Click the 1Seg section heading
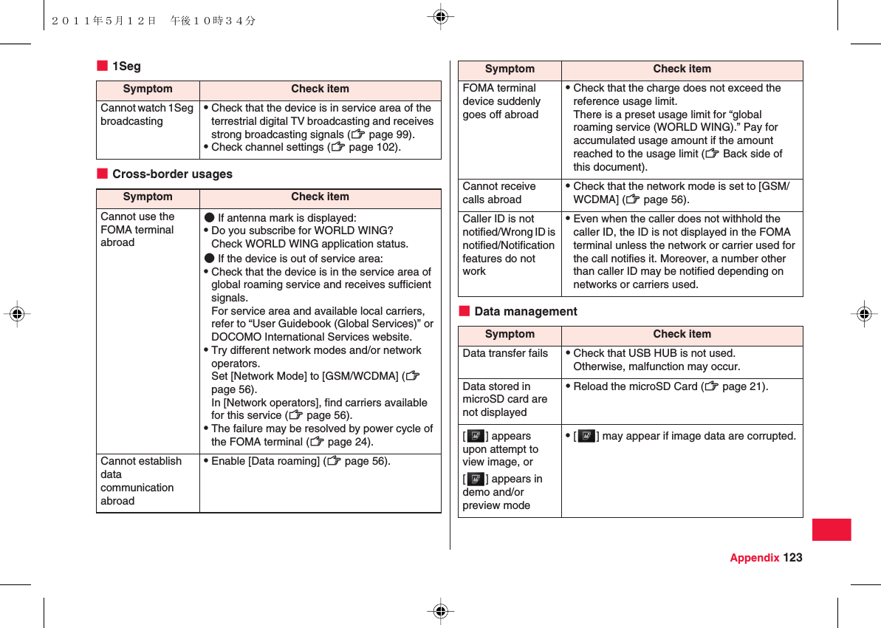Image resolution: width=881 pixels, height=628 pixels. pos(126,66)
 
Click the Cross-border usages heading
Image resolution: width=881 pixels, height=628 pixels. pos(171,174)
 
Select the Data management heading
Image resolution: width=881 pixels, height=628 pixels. pos(525,312)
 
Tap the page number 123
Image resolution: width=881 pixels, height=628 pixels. pos(793,558)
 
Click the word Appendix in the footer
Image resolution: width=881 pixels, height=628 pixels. pos(754,558)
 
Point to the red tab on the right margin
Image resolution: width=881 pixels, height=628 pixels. pos(831,530)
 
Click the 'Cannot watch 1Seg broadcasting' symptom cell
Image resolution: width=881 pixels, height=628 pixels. pos(147,115)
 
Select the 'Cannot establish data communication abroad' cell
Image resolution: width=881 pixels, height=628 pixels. pos(141,481)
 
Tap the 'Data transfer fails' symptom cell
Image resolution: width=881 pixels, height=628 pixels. pos(505,353)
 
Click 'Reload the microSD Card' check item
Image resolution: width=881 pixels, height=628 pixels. pos(671,386)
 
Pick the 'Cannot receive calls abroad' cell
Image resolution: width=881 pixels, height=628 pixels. pos(499,193)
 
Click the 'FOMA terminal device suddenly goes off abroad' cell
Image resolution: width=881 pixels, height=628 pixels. pos(501,101)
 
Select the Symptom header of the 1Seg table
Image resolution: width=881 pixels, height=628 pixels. pos(148,89)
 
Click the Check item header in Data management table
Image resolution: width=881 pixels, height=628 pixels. pos(682,334)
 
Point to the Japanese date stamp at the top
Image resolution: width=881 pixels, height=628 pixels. pos(154,21)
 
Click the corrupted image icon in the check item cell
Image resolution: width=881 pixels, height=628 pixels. pos(587,436)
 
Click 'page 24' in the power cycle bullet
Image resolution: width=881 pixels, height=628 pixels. pos(349,442)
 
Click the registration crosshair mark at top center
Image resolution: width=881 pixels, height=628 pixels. pos(440,16)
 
